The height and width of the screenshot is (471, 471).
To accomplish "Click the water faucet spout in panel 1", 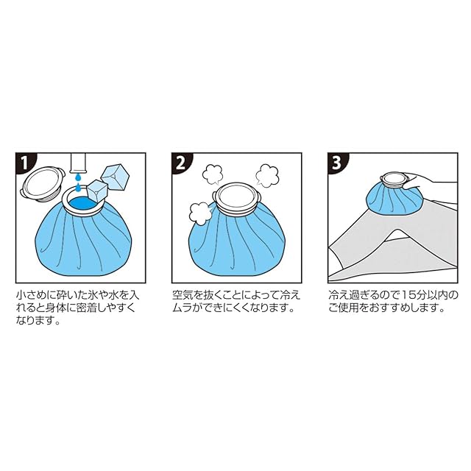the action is click(78, 163).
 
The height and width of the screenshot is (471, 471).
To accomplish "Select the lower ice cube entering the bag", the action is click(96, 191).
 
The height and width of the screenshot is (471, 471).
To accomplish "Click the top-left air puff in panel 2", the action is click(213, 174).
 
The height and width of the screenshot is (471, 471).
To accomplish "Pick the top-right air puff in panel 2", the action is click(266, 175).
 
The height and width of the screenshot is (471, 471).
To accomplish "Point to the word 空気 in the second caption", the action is click(183, 295).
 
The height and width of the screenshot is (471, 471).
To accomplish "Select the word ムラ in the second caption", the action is click(183, 308).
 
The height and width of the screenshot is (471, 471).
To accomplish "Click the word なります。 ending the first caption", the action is click(38, 321).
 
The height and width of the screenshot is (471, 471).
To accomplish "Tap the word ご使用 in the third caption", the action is click(343, 308).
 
